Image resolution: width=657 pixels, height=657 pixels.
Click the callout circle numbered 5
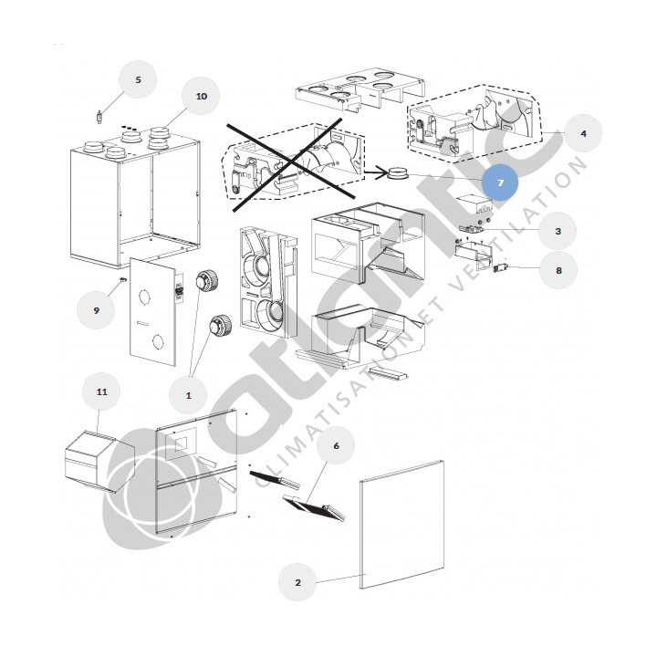pyautogui.click(x=139, y=80)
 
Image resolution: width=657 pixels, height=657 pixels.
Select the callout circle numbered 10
pyautogui.click(x=202, y=96)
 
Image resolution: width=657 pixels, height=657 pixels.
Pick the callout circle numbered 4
pyautogui.click(x=583, y=132)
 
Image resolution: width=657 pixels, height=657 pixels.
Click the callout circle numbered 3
pyautogui.click(x=558, y=232)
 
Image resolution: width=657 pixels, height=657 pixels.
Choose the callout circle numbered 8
pyautogui.click(x=558, y=270)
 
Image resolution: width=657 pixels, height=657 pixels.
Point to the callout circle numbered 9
pyautogui.click(x=97, y=310)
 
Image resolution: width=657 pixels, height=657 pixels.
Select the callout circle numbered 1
pyautogui.click(x=189, y=395)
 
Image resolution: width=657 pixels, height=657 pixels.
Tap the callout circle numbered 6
pyautogui.click(x=336, y=446)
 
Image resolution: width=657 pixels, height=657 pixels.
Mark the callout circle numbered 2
pyautogui.click(x=297, y=581)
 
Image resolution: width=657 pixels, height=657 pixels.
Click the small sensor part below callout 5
pyautogui.click(x=99, y=117)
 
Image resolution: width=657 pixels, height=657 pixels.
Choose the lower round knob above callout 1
pyautogui.click(x=220, y=326)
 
